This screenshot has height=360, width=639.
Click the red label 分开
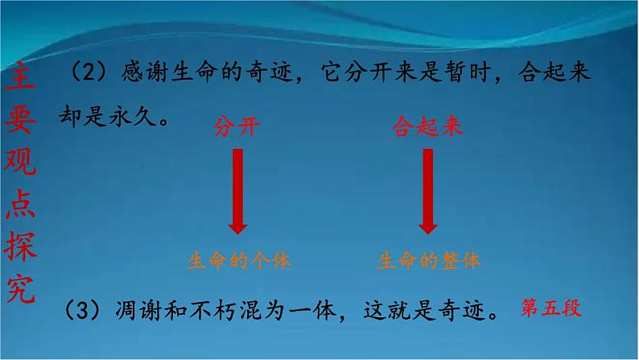click(x=236, y=127)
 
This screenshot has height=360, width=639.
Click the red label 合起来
click(x=427, y=127)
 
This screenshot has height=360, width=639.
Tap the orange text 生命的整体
click(x=429, y=260)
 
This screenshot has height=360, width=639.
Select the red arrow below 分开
click(x=237, y=193)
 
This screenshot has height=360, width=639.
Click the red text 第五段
click(x=551, y=307)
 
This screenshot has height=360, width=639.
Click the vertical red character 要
click(x=23, y=120)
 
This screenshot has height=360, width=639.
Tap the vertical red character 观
click(x=23, y=162)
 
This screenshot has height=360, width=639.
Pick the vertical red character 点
click(x=23, y=204)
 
